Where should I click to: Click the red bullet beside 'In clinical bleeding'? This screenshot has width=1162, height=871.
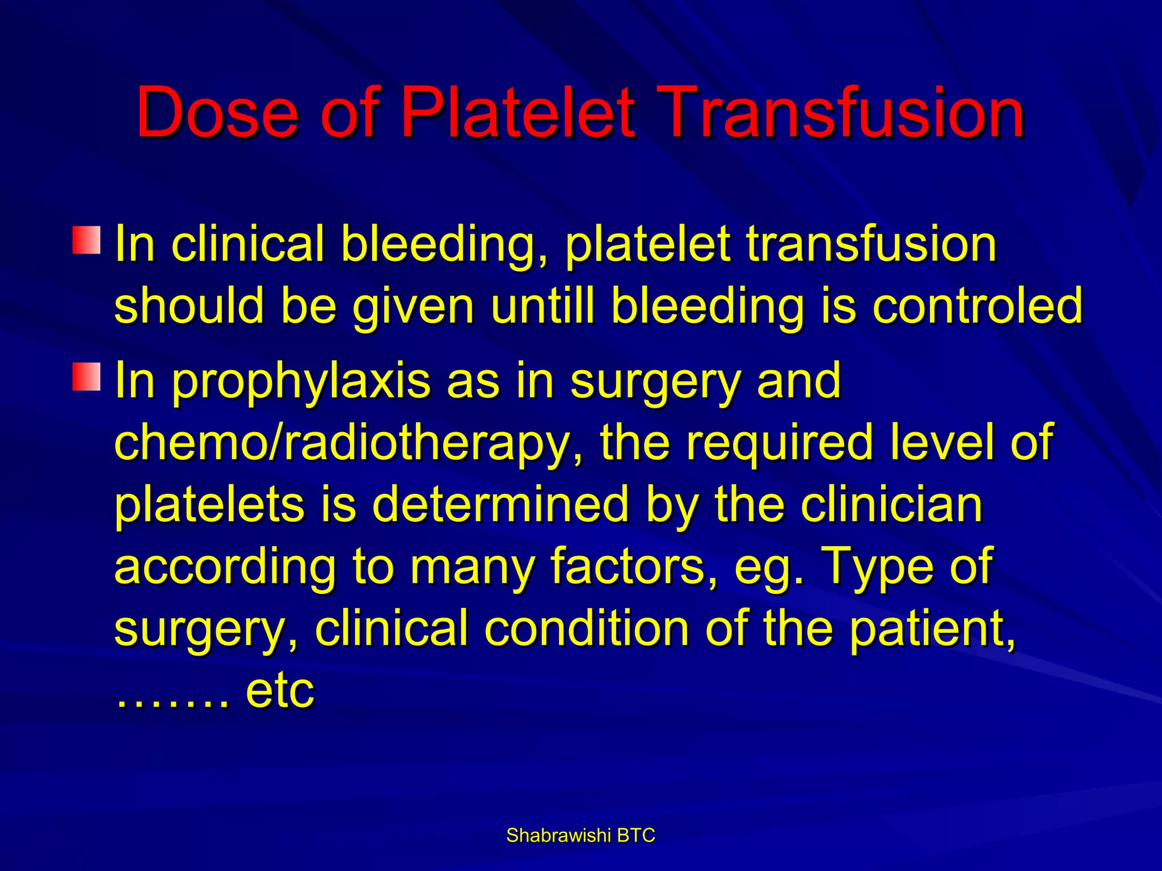pos(86,240)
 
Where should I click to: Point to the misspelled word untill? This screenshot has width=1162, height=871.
pos(543,306)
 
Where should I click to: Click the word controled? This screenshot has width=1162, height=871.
pos(977,306)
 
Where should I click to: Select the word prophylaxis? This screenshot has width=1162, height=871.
pos(301,382)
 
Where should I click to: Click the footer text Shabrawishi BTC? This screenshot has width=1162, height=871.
pos(580,835)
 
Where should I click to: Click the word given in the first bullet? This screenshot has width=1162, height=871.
pos(413,307)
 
